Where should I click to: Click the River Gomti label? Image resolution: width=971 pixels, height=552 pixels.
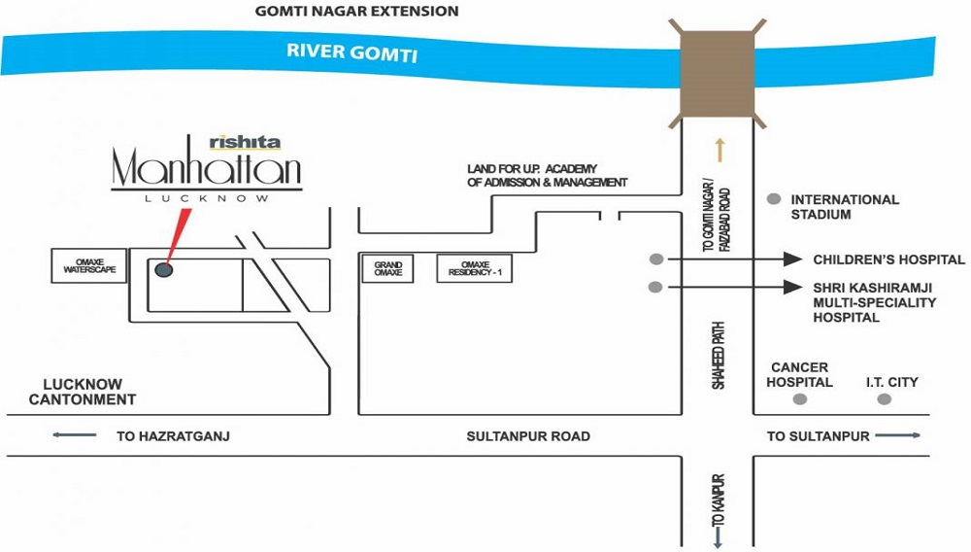tap(352, 52)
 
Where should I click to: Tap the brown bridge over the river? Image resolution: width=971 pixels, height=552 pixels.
tap(718, 74)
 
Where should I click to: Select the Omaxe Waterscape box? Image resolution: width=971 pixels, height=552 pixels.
tap(89, 265)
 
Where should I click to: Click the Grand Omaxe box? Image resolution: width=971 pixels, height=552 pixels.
tap(387, 268)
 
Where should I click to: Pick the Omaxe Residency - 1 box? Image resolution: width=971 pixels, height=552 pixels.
tap(475, 268)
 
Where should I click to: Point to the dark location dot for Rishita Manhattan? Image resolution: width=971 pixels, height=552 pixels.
tap(163, 269)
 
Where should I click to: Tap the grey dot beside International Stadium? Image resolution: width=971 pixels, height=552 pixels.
tap(774, 199)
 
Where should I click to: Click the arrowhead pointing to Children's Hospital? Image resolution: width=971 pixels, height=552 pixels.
tap(792, 259)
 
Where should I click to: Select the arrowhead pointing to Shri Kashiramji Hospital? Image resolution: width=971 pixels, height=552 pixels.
tap(792, 287)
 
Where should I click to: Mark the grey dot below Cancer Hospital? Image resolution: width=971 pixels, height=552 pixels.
tap(800, 399)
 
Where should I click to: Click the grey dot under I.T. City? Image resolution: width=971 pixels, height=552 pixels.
tap(885, 399)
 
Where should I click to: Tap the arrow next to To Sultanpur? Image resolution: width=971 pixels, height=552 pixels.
tap(898, 435)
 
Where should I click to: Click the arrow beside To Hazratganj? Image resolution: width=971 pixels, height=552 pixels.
tap(75, 435)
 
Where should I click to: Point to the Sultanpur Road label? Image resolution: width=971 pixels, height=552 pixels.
tap(528, 436)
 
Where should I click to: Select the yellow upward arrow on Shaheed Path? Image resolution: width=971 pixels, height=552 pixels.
tap(720, 150)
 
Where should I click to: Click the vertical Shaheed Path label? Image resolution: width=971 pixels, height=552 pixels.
tap(719, 356)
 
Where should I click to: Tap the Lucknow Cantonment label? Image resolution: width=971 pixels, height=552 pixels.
tap(83, 392)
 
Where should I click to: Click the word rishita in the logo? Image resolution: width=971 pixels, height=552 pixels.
tap(245, 143)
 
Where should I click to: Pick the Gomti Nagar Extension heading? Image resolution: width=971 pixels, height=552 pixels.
tap(356, 11)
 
